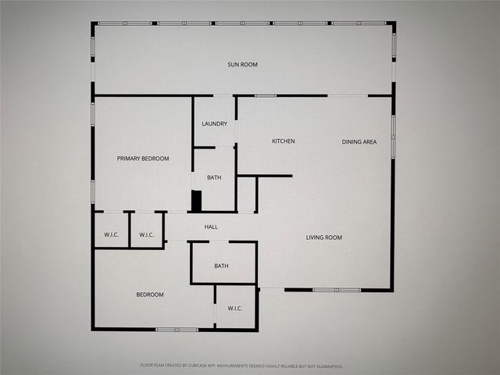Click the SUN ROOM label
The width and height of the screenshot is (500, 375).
(243, 64)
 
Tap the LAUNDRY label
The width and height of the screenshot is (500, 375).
(214, 123)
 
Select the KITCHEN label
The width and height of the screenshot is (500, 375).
(283, 141)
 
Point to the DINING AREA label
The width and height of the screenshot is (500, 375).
(359, 141)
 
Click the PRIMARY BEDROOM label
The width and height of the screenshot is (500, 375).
(143, 159)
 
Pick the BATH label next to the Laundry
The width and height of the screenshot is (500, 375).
(214, 177)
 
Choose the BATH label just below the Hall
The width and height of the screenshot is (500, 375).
(222, 266)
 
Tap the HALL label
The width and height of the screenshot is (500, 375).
(211, 227)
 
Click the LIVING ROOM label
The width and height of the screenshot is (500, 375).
(323, 237)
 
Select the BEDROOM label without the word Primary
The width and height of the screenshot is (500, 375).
(150, 295)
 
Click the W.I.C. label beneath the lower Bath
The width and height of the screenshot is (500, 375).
(235, 308)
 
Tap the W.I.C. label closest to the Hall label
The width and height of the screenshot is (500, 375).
(147, 234)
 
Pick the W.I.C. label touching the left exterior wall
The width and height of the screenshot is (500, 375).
(112, 234)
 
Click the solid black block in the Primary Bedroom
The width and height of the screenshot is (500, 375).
(196, 201)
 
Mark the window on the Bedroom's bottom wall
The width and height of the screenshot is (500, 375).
(176, 330)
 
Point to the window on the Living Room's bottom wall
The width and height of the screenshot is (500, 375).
(337, 290)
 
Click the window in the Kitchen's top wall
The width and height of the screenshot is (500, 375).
(265, 95)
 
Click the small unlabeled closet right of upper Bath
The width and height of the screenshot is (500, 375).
(246, 194)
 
